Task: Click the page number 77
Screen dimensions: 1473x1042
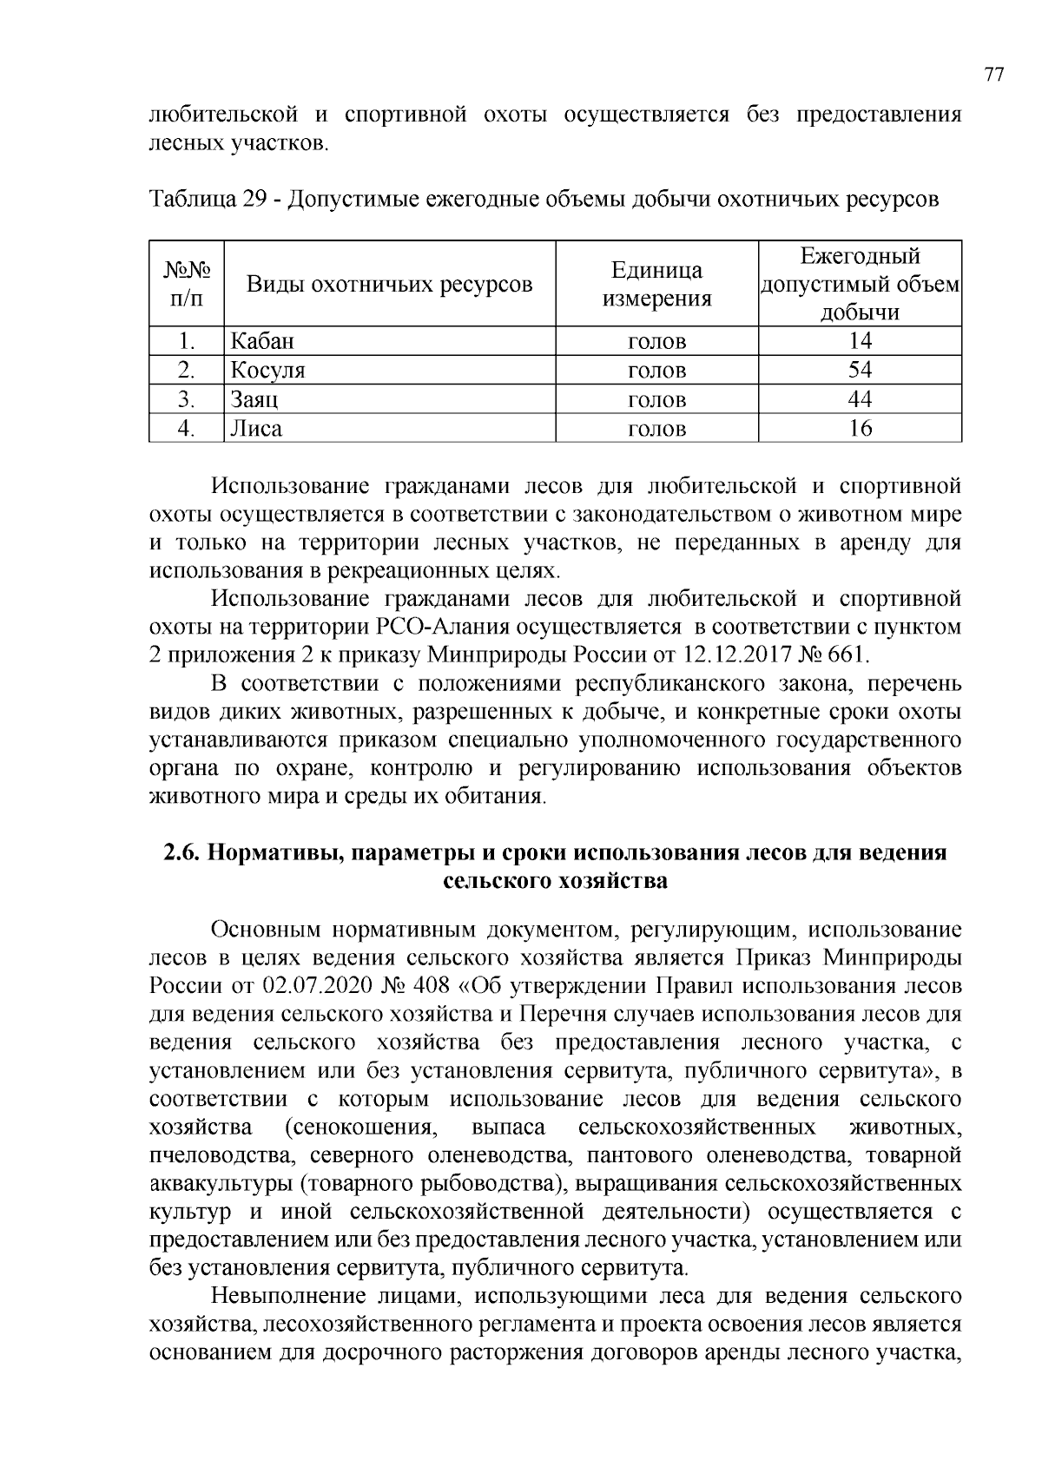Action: point(994,75)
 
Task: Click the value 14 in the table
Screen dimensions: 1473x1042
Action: point(860,341)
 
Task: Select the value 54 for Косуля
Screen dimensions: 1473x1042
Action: point(860,371)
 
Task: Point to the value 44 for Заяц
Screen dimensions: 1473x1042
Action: point(860,399)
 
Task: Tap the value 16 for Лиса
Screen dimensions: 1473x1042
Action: point(860,428)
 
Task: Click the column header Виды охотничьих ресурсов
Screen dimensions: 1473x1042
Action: point(389,284)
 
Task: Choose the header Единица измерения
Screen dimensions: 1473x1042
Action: point(656,284)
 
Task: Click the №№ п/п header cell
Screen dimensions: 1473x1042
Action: point(186,284)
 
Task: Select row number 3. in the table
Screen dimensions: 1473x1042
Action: point(186,399)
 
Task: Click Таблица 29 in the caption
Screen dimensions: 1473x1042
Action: point(207,200)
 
